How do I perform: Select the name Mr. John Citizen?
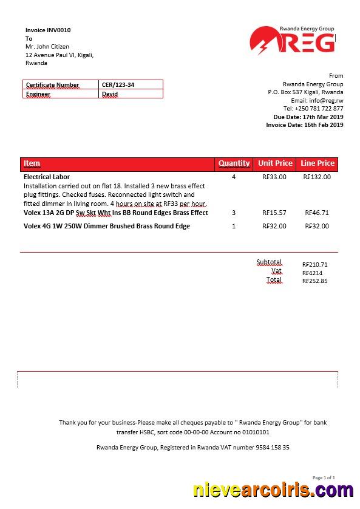click(47, 47)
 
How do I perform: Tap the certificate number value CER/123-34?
click(118, 85)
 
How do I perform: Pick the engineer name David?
click(110, 94)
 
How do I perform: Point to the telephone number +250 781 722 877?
click(319, 109)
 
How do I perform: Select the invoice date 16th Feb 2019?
click(322, 125)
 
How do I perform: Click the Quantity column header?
click(234, 163)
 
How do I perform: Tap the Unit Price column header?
click(275, 163)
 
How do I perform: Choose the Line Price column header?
click(318, 163)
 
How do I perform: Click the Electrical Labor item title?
click(47, 177)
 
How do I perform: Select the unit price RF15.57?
click(274, 213)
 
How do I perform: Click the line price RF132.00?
click(317, 177)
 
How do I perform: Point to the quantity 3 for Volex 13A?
click(234, 213)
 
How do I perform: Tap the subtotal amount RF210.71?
click(314, 265)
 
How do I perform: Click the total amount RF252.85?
click(314, 281)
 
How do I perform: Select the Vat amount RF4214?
click(312, 273)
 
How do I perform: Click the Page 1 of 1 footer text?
click(324, 478)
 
